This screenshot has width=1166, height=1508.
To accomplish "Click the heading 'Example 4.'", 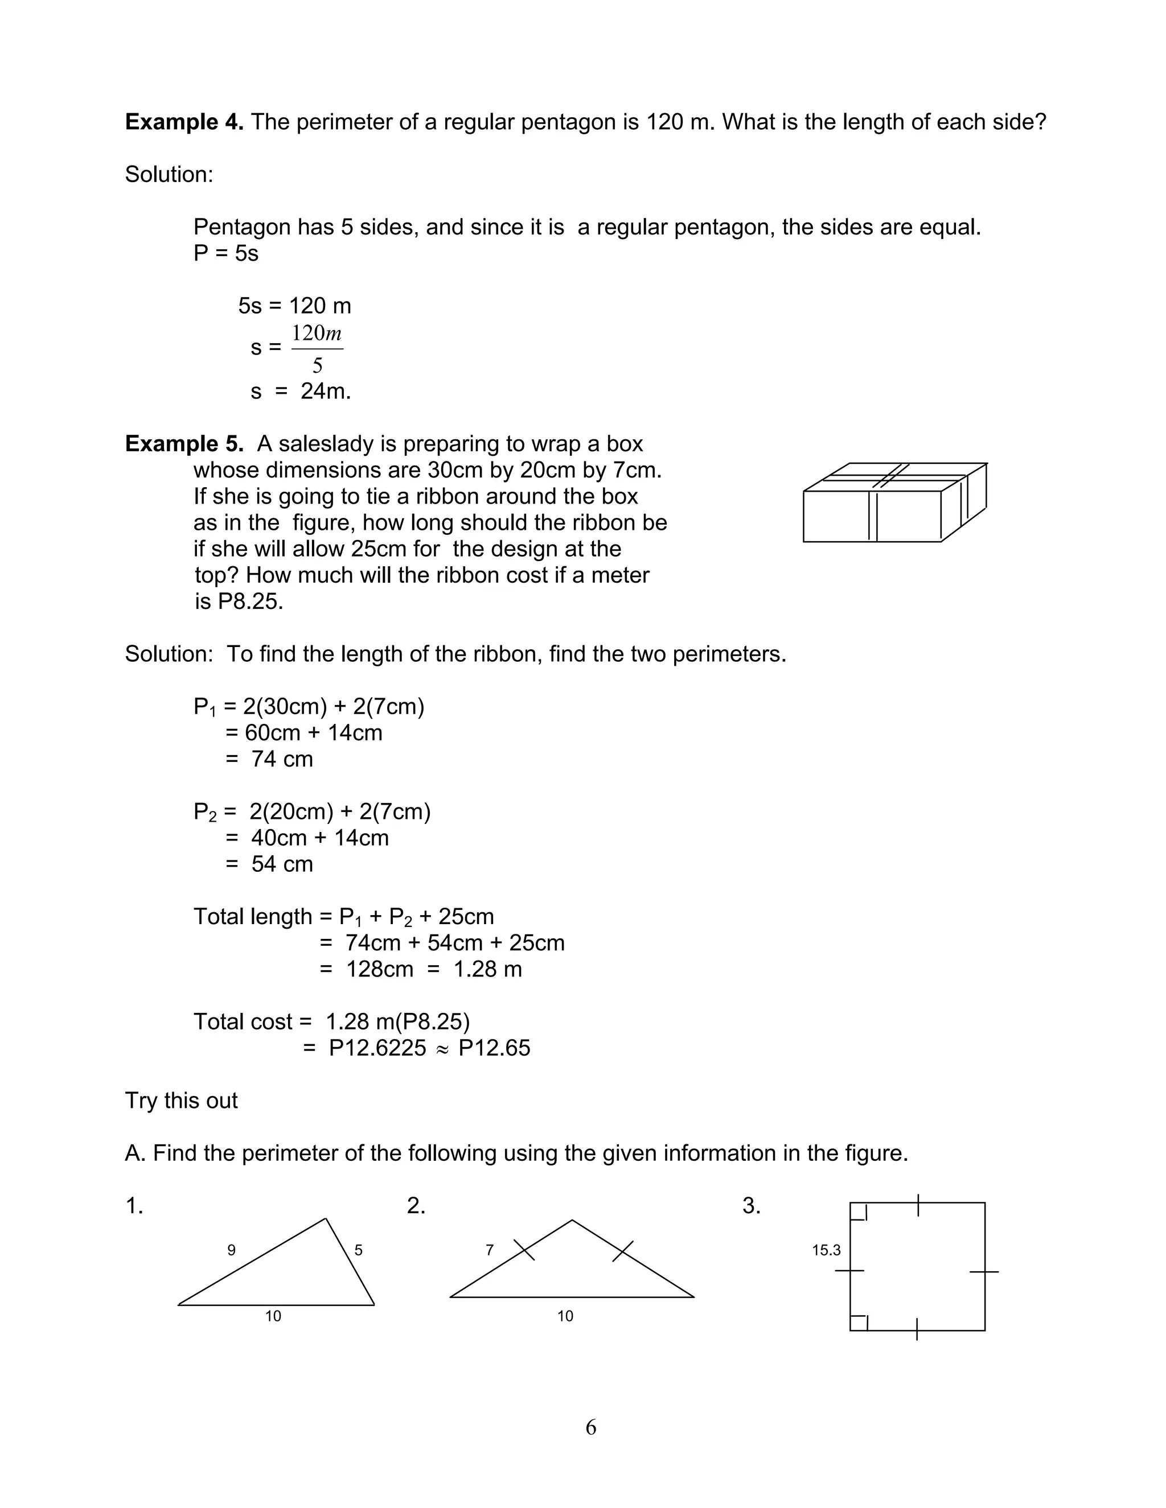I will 184,122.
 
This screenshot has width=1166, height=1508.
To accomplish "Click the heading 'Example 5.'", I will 184,444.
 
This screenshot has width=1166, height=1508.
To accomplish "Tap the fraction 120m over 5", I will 317,349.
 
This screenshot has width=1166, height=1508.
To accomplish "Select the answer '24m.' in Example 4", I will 325,392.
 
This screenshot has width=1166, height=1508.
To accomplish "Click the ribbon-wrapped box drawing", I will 894,502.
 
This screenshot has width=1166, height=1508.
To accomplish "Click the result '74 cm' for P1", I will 282,760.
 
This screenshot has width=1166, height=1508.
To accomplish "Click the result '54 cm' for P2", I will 282,864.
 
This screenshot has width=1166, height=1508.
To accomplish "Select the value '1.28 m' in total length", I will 488,970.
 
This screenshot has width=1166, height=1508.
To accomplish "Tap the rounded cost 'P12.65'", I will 495,1048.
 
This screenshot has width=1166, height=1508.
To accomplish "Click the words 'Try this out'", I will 181,1101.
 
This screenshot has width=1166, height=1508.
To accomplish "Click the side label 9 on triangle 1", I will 231,1250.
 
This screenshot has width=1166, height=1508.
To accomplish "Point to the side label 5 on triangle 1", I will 359,1250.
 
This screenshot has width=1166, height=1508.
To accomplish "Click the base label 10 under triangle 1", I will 273,1316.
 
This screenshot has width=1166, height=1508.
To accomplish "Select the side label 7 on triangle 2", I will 490,1250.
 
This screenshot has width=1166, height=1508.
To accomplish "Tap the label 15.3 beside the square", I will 826,1250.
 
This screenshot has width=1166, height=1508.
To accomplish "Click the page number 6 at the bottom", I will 590,1427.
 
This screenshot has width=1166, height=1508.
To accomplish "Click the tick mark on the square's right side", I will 984,1271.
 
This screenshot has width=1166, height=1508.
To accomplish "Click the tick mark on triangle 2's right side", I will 623,1251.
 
